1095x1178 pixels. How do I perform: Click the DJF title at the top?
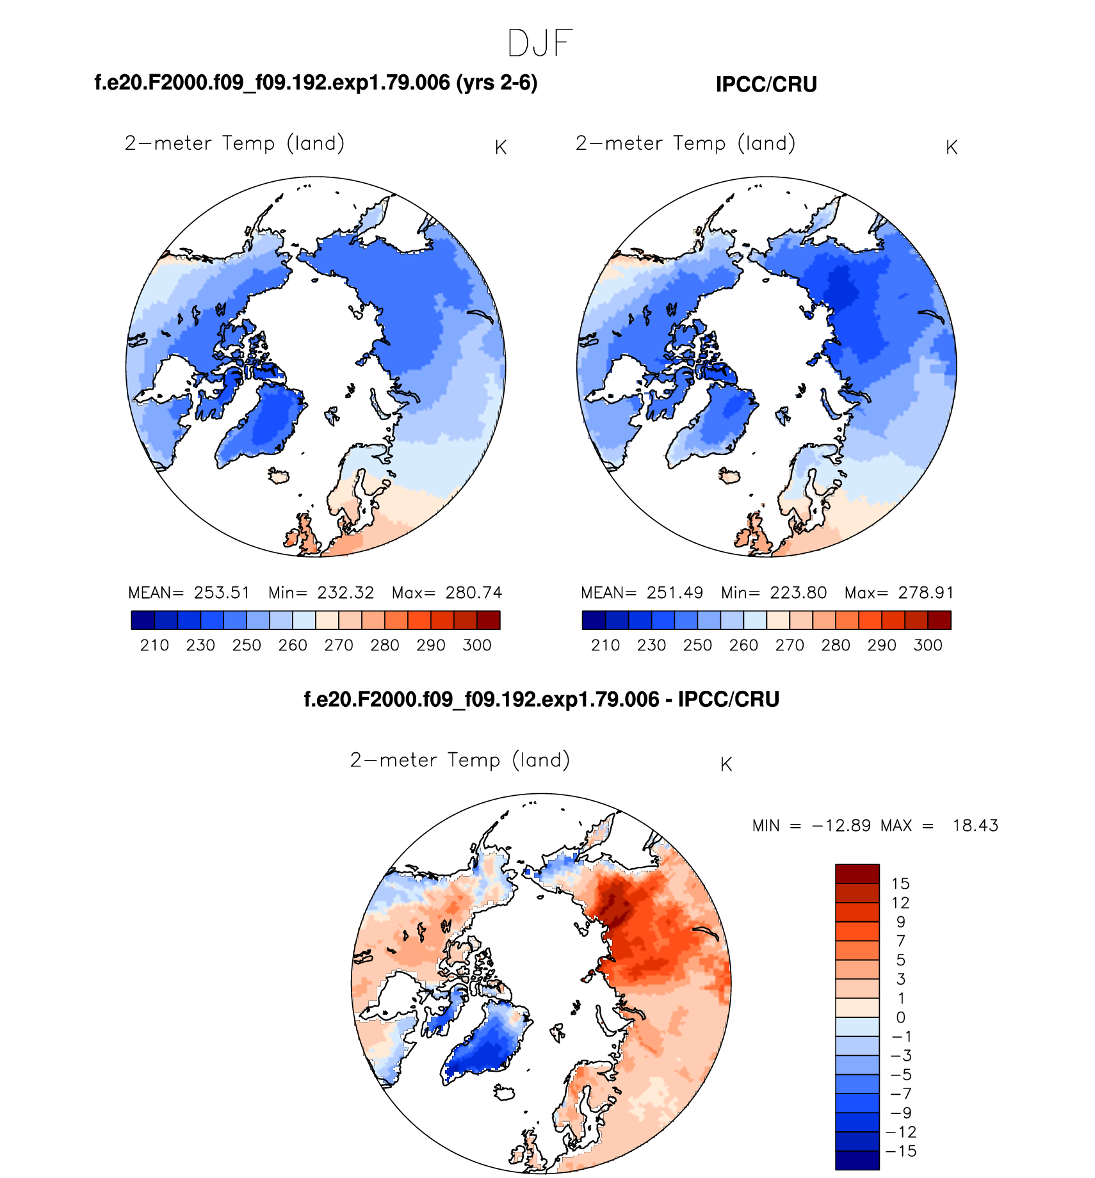tap(539, 44)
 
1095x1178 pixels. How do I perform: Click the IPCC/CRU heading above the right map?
tap(766, 85)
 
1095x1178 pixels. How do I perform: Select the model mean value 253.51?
tap(222, 593)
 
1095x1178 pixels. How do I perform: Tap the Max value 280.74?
tap(474, 593)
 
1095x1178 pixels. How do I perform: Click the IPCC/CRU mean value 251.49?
tap(674, 593)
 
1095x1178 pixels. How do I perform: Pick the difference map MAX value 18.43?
tap(975, 826)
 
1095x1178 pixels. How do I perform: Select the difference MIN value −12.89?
tap(841, 826)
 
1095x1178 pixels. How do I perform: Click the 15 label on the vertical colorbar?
tap(900, 884)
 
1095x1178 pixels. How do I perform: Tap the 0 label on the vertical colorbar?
tap(900, 1017)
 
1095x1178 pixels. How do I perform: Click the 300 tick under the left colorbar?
tap(477, 645)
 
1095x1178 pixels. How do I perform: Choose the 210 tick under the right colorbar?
tap(605, 645)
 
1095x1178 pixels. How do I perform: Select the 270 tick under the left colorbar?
tap(339, 645)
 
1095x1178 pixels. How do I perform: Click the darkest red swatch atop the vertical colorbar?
tap(857, 874)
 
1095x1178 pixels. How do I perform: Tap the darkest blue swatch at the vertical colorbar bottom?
tap(857, 1160)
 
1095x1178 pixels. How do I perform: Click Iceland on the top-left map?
tap(279, 476)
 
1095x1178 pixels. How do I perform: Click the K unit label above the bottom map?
tap(726, 764)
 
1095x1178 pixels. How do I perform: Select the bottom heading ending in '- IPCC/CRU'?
tap(541, 699)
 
